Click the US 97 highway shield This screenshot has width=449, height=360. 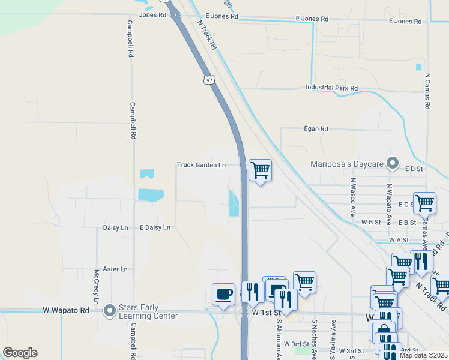tap(208, 80)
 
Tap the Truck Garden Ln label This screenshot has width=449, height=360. tap(201, 165)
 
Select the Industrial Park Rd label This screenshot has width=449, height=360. tap(331, 88)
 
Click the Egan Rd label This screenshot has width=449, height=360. tap(316, 129)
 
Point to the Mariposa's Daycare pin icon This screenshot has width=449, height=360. tap(393, 163)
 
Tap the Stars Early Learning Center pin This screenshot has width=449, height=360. tap(110, 311)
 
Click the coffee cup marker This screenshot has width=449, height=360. tap(224, 295)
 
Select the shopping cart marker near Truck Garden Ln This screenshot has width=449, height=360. tap(260, 170)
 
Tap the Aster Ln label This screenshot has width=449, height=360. tap(115, 269)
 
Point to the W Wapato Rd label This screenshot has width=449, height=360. tap(66, 310)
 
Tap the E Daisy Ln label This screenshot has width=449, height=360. tap(155, 228)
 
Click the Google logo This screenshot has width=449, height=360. tap(20, 353)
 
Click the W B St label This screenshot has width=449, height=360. tap(371, 222)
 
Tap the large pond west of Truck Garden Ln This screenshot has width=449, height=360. tap(150, 195)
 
